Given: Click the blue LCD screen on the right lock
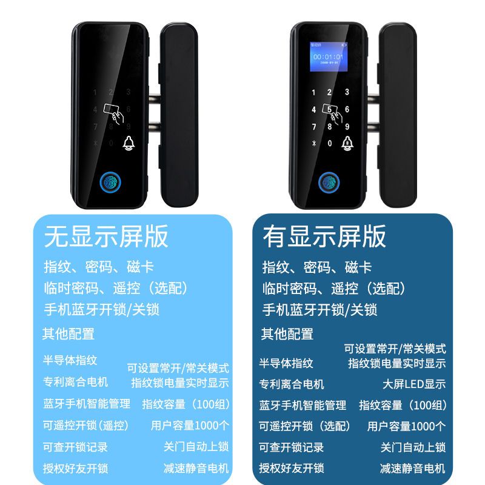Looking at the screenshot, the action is click(x=329, y=57).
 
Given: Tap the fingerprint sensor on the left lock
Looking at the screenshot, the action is click(x=110, y=183).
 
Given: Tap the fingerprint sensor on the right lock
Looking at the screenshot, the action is click(x=329, y=182).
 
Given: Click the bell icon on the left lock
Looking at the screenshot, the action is click(x=129, y=143).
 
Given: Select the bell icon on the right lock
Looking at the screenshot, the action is click(x=347, y=143).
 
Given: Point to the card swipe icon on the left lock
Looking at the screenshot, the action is click(x=113, y=113).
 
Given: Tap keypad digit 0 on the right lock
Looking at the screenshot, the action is click(x=330, y=143).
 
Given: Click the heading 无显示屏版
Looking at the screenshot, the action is click(x=106, y=236).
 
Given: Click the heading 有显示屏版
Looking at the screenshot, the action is click(x=324, y=236).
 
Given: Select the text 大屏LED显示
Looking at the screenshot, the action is click(x=414, y=384).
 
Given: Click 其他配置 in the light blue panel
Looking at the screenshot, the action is click(x=69, y=334).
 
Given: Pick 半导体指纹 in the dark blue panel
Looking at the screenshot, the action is click(x=286, y=363).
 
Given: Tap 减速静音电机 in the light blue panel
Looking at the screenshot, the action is click(x=196, y=468).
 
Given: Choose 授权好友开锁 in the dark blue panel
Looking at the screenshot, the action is click(x=292, y=468).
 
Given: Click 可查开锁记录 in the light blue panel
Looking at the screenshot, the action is click(x=75, y=447).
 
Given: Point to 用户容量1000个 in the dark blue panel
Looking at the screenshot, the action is click(x=406, y=426).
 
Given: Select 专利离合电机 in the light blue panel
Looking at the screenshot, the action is click(x=75, y=382).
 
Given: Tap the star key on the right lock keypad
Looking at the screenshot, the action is click(x=313, y=143).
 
